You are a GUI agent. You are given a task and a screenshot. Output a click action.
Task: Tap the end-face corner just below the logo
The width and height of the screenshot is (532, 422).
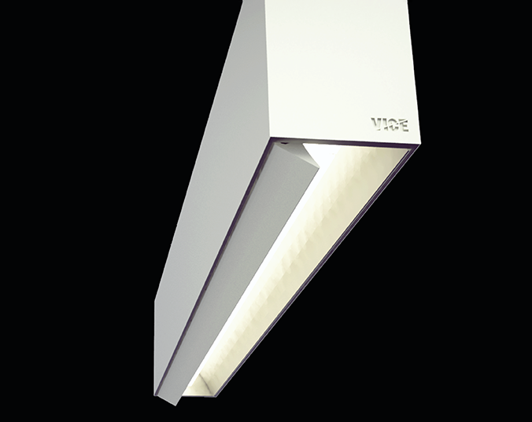pos(412,146)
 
